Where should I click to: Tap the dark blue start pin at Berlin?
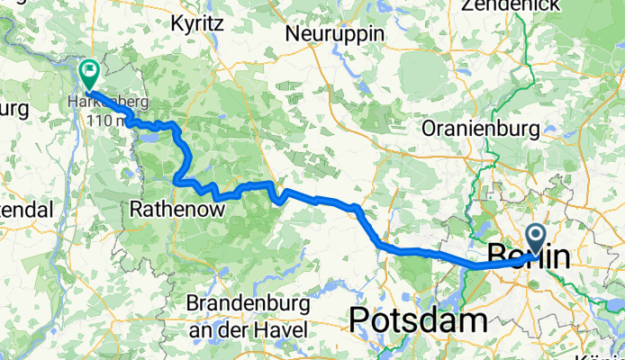pos(535,239)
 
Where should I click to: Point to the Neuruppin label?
pos(334,33)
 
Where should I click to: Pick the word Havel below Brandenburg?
pos(284,328)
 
